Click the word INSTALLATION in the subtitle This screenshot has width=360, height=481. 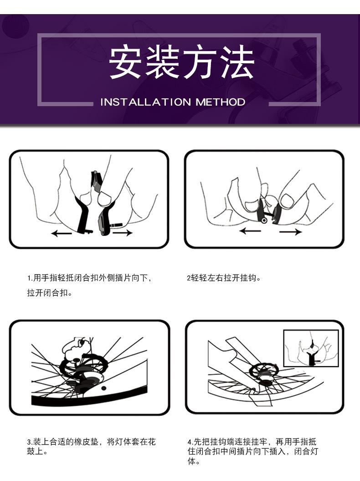(x=146, y=102)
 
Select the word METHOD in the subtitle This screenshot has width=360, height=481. (x=221, y=102)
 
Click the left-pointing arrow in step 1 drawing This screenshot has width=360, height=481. (x=62, y=234)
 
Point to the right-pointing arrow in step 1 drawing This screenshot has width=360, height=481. (x=123, y=234)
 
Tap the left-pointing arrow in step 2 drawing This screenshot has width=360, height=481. (x=250, y=231)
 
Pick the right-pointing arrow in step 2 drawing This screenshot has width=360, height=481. (x=291, y=231)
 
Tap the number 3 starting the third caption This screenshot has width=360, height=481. (x=29, y=442)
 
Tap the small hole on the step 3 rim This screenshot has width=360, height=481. (x=104, y=388)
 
